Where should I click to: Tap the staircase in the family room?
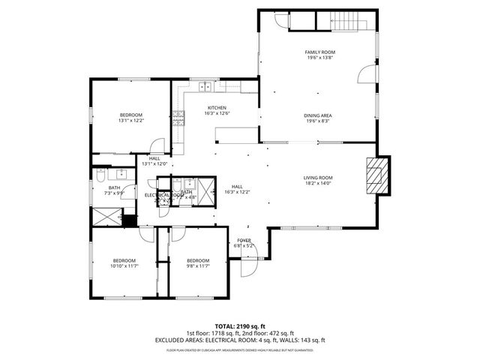pyautogui.click(x=352, y=22)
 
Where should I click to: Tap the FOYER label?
pyautogui.click(x=244, y=241)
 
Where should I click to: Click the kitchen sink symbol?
pyautogui.click(x=204, y=86)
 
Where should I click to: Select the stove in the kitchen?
pyautogui.click(x=178, y=116)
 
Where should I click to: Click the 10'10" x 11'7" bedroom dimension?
pyautogui.click(x=125, y=265)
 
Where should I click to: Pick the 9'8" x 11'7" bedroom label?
pyautogui.click(x=199, y=265)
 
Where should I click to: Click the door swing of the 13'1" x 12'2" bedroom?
pyautogui.click(x=157, y=147)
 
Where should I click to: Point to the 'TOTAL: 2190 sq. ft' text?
pyautogui.click(x=240, y=326)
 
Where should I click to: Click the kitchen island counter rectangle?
pyautogui.click(x=232, y=134)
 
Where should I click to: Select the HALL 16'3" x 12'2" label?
pyautogui.click(x=237, y=189)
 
